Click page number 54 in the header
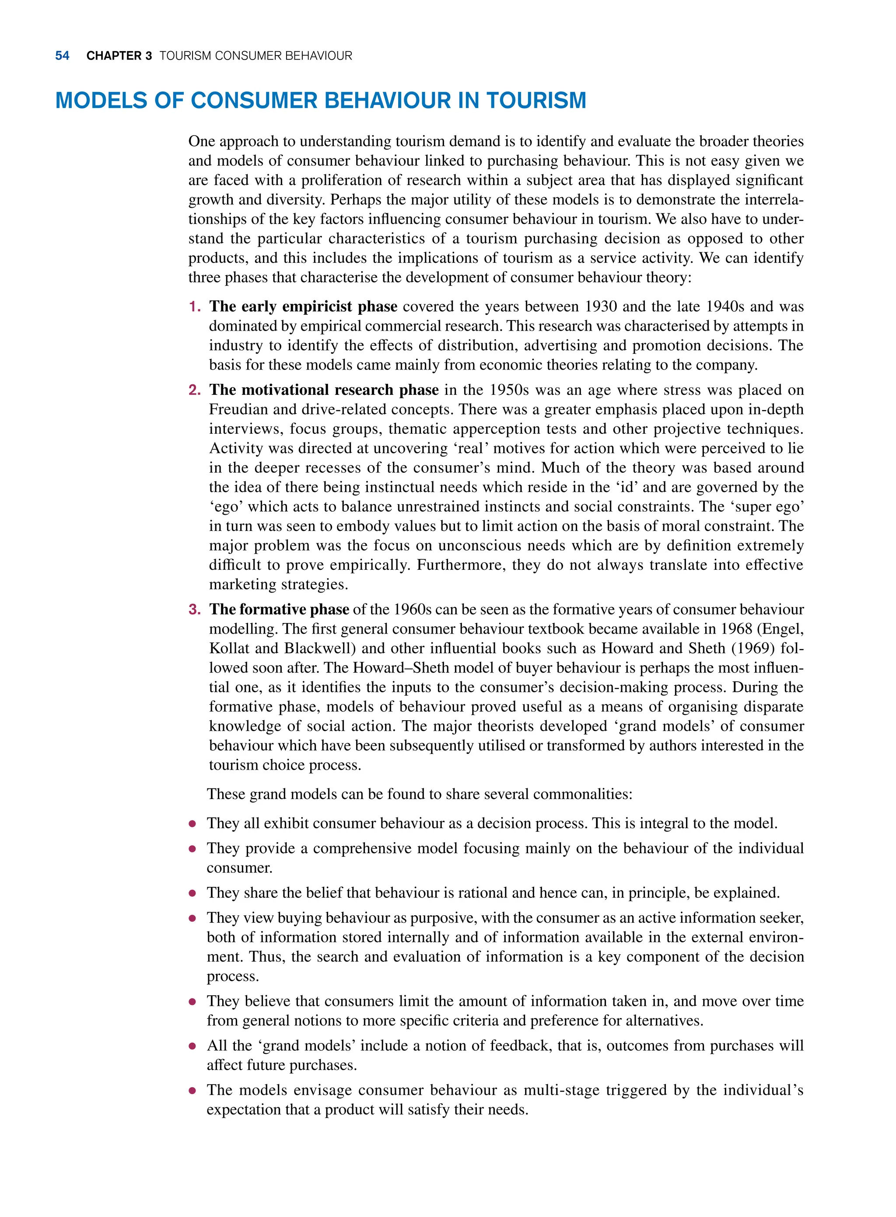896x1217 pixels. point(63,56)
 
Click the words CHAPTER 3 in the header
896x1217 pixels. point(119,56)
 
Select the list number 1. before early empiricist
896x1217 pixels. point(194,307)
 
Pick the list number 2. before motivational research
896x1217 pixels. point(194,391)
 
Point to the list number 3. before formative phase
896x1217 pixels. point(194,610)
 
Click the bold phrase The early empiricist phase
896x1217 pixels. point(303,307)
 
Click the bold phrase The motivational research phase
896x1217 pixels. point(324,391)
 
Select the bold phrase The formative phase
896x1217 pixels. point(279,610)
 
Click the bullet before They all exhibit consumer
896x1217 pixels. point(192,824)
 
